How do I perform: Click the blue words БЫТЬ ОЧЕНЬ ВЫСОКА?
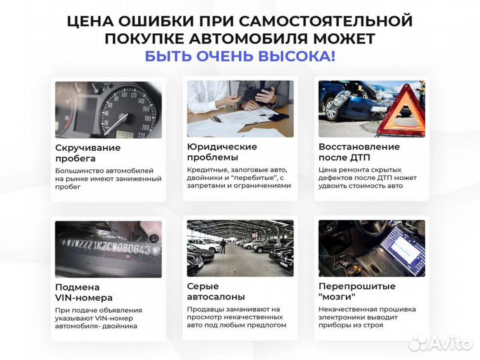click(240, 56)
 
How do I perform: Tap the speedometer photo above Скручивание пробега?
click(108, 109)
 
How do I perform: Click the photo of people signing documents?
click(240, 109)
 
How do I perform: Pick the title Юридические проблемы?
click(222, 152)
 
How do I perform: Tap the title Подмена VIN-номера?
click(83, 292)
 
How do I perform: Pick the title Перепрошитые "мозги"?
click(357, 291)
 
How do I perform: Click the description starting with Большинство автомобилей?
click(108, 179)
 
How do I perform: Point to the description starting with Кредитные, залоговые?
click(239, 178)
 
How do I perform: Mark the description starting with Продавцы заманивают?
click(237, 317)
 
